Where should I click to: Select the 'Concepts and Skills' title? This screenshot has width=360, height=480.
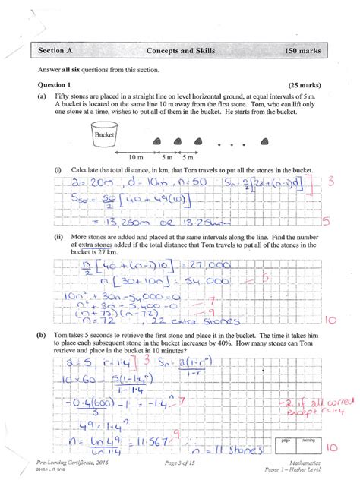coord(179,50)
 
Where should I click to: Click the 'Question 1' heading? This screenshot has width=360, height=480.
coord(48,85)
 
